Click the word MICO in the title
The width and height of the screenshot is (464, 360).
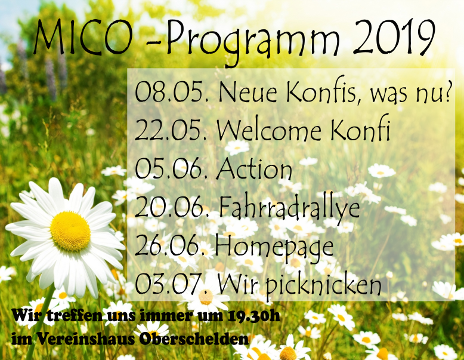click(83, 38)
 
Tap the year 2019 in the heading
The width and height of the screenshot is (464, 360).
click(394, 38)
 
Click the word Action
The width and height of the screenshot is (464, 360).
click(255, 168)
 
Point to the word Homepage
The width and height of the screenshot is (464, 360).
click(274, 247)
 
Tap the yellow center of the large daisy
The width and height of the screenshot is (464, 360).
click(70, 231)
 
